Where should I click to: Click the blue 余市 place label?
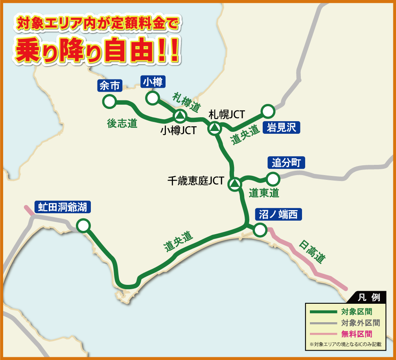click(110, 86)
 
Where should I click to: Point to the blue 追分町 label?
click(286, 162)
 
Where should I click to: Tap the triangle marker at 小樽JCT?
click(179, 116)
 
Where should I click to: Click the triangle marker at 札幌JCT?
click(215, 127)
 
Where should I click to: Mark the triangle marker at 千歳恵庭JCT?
click(235, 183)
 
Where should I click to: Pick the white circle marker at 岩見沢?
click(268, 111)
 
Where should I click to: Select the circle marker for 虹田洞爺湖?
click(83, 226)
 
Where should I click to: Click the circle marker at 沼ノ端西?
click(260, 229)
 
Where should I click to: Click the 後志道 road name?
click(122, 123)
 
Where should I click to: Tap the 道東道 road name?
click(264, 193)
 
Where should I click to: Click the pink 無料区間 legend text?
click(356, 334)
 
